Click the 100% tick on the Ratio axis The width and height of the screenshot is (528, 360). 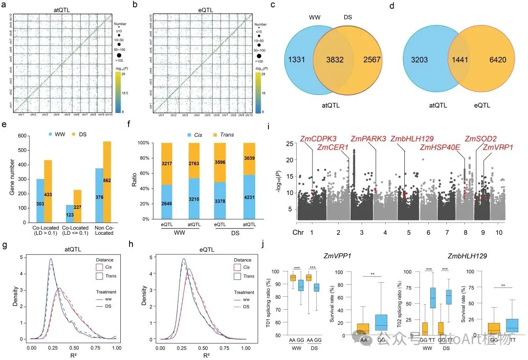point(153,143)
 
